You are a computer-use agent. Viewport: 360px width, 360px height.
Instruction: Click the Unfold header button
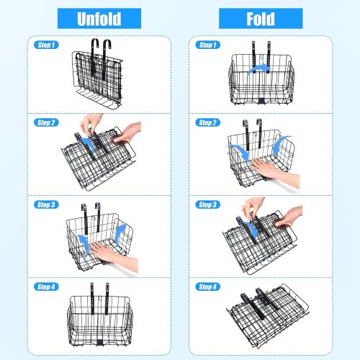99,19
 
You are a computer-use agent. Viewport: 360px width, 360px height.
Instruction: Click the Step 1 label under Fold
207,45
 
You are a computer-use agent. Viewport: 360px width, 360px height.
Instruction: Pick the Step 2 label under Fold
207,122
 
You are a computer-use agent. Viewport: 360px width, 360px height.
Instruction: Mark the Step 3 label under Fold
207,204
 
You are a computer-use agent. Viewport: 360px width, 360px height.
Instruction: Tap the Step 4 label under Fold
207,287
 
